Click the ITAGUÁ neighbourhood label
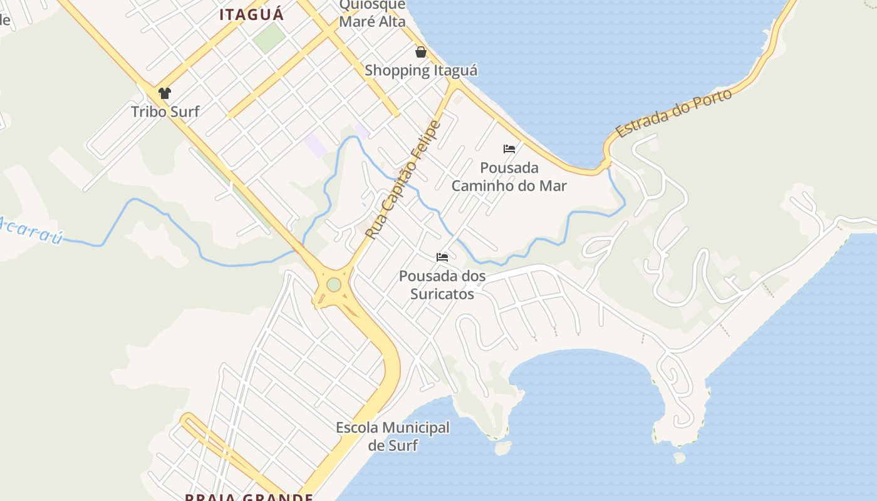coord(251,14)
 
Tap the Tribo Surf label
coord(165,111)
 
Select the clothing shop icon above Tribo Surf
coord(165,93)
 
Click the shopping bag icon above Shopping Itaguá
coord(421,51)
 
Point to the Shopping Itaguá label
coord(421,70)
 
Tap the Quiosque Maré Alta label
coord(372,14)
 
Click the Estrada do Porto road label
coord(674,113)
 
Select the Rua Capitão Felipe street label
coord(403,180)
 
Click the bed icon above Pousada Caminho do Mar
coord(509,149)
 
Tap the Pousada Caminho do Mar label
coord(509,177)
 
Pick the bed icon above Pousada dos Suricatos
coord(442,257)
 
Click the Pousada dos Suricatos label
coord(442,284)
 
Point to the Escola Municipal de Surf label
coord(393,436)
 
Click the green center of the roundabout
coord(334,285)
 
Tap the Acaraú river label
coord(31,230)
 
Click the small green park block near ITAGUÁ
coord(269,38)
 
